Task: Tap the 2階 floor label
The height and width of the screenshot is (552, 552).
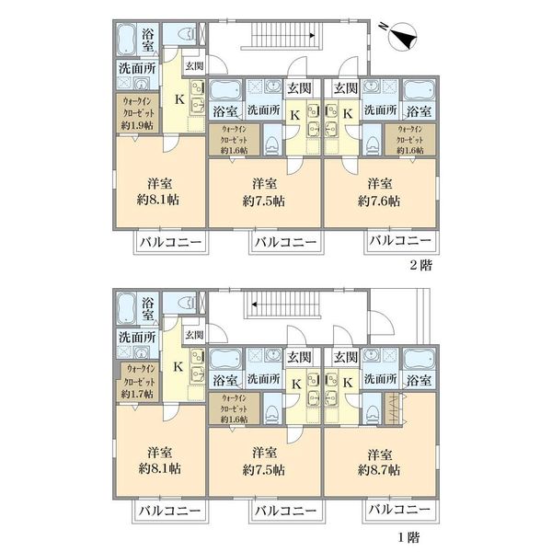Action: pyautogui.click(x=420, y=265)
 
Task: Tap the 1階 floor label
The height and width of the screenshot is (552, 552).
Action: pyautogui.click(x=409, y=537)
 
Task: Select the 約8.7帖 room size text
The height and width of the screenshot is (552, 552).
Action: pyautogui.click(x=379, y=470)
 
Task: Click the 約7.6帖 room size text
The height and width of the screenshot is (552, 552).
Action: pyautogui.click(x=379, y=201)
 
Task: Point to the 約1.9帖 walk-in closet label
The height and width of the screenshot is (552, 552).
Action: pyautogui.click(x=137, y=126)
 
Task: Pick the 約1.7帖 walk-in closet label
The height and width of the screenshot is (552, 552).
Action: pyautogui.click(x=137, y=395)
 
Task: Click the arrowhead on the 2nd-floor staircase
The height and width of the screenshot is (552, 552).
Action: pyautogui.click(x=312, y=35)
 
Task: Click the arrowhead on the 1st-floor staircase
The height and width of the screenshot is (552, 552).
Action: pyautogui.click(x=255, y=305)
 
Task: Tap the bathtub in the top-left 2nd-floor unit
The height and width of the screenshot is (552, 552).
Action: pyautogui.click(x=126, y=40)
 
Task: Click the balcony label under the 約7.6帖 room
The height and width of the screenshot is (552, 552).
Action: pyautogui.click(x=400, y=241)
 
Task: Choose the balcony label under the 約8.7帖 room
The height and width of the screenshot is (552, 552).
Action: pyautogui.click(x=399, y=510)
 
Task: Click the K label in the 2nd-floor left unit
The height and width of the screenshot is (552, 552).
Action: pyautogui.click(x=179, y=99)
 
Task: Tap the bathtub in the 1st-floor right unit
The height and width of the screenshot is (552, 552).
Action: pyautogui.click(x=419, y=359)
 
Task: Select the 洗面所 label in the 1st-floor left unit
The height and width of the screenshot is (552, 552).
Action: pyautogui.click(x=137, y=337)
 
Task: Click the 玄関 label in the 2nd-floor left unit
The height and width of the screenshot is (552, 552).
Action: pyautogui.click(x=194, y=66)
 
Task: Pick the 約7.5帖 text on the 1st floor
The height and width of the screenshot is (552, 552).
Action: pyautogui.click(x=264, y=470)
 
